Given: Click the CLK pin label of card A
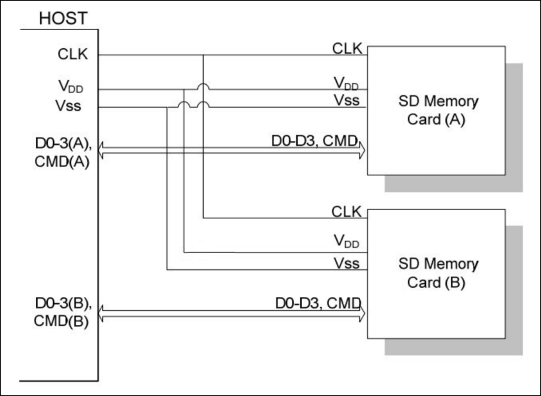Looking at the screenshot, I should tap(347, 48).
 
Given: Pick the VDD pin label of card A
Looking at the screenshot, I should tap(347, 83).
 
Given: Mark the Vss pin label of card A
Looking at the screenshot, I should tap(347, 100).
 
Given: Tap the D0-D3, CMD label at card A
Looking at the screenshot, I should tap(315, 141).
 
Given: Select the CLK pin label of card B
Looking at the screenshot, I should tap(347, 211).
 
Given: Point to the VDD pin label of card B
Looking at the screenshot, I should tap(347, 239).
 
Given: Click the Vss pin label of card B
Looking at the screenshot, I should tap(347, 263).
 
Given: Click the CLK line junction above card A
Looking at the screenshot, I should tap(204, 55).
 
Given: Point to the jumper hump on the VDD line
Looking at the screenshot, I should tap(204, 86).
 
